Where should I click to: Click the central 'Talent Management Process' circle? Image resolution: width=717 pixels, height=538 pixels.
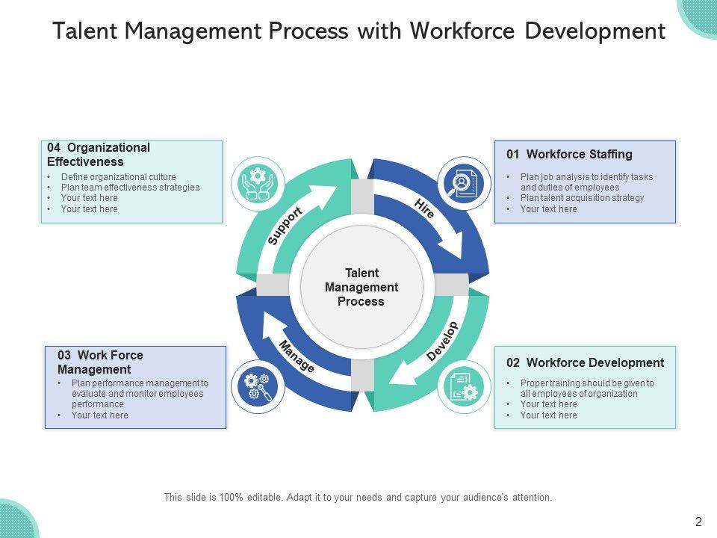point(361,287)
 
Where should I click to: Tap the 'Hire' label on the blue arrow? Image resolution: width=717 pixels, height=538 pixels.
point(424,208)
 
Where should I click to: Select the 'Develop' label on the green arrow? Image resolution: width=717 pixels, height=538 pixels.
point(442,341)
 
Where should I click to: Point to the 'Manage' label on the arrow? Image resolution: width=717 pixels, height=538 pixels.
point(297,356)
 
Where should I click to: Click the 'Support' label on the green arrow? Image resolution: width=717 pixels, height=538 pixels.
point(285,226)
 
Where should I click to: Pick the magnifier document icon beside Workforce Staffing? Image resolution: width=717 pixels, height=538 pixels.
point(464,182)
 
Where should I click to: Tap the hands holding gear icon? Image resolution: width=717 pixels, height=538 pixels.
point(257,182)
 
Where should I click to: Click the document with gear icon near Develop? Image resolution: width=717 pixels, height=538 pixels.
point(464,386)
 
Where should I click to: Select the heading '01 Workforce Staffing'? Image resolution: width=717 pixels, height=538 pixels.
point(569,155)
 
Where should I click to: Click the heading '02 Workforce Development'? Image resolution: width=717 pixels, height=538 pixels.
point(585,363)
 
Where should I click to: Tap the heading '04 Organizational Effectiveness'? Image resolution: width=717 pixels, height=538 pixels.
point(99,155)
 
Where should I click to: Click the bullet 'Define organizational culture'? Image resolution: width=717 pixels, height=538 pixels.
point(118,177)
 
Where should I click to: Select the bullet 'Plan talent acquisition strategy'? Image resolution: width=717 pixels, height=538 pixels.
point(582,198)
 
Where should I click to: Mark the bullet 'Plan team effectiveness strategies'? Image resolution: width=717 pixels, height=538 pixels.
point(130,188)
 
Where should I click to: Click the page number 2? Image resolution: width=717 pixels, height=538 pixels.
point(698,522)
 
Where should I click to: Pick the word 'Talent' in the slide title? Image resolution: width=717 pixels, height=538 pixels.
point(84,31)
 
